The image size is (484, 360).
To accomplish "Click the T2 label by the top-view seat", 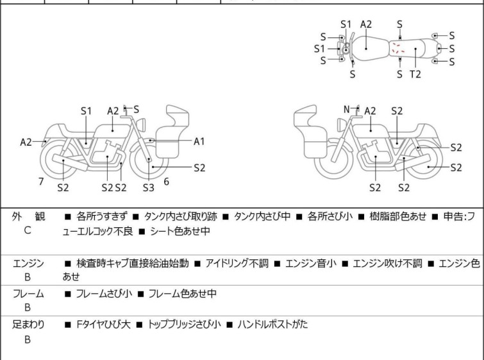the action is (415, 74).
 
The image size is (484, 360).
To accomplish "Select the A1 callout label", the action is (199, 141).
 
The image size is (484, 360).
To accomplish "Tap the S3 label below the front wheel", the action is (149, 187).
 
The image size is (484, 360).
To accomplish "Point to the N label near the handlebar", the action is (347, 109).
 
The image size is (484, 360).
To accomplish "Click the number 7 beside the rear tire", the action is (41, 182).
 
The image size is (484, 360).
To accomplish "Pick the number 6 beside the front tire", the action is (167, 182).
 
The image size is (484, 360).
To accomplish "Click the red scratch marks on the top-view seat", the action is (398, 48).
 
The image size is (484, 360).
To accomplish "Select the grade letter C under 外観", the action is (27, 230).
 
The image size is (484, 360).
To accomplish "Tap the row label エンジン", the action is (28, 264).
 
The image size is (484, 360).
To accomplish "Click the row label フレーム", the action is (28, 293).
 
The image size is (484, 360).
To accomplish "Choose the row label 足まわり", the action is (28, 325).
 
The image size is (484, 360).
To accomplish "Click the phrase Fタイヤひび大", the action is (103, 325).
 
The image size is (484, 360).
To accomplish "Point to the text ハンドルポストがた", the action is (272, 325).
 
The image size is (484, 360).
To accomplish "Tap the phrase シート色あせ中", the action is (180, 231).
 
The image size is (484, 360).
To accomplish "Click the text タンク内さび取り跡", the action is (181, 216).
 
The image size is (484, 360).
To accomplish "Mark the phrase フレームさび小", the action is (104, 293).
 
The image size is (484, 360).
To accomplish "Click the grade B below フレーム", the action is (27, 308).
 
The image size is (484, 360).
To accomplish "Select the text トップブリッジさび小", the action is (184, 325).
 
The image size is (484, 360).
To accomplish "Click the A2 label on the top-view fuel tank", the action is (366, 24).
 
